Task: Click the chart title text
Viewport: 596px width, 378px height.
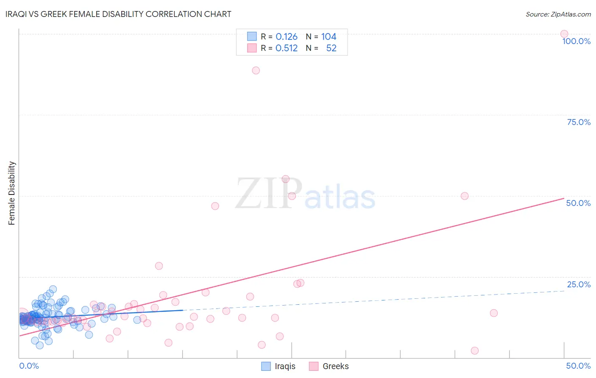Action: (118, 14)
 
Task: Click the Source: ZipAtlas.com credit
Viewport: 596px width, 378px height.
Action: (558, 14)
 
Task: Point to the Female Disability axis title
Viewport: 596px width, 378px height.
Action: (12, 193)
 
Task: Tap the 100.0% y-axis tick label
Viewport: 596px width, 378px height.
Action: (576, 41)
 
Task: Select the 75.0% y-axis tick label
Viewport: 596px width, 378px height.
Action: (579, 122)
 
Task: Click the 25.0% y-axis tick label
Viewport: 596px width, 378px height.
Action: (579, 284)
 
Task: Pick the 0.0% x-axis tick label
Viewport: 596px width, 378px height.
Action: (29, 366)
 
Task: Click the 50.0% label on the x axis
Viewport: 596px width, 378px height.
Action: (578, 366)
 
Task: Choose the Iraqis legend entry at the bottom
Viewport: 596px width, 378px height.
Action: (279, 366)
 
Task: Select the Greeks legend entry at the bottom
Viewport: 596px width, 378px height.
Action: (329, 366)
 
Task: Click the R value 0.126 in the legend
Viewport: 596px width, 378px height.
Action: (287, 37)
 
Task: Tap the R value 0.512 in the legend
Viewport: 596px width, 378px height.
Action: (287, 48)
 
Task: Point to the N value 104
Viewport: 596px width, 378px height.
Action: (329, 37)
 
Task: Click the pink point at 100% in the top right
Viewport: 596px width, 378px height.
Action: (564, 34)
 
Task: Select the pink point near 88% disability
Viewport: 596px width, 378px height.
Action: (256, 70)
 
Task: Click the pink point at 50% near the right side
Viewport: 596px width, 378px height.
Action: (465, 196)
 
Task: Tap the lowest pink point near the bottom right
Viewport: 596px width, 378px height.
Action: (475, 350)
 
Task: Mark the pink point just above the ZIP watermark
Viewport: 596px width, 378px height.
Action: (286, 179)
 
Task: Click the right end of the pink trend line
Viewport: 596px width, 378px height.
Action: (564, 198)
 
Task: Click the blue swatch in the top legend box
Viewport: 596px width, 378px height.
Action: (252, 36)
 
